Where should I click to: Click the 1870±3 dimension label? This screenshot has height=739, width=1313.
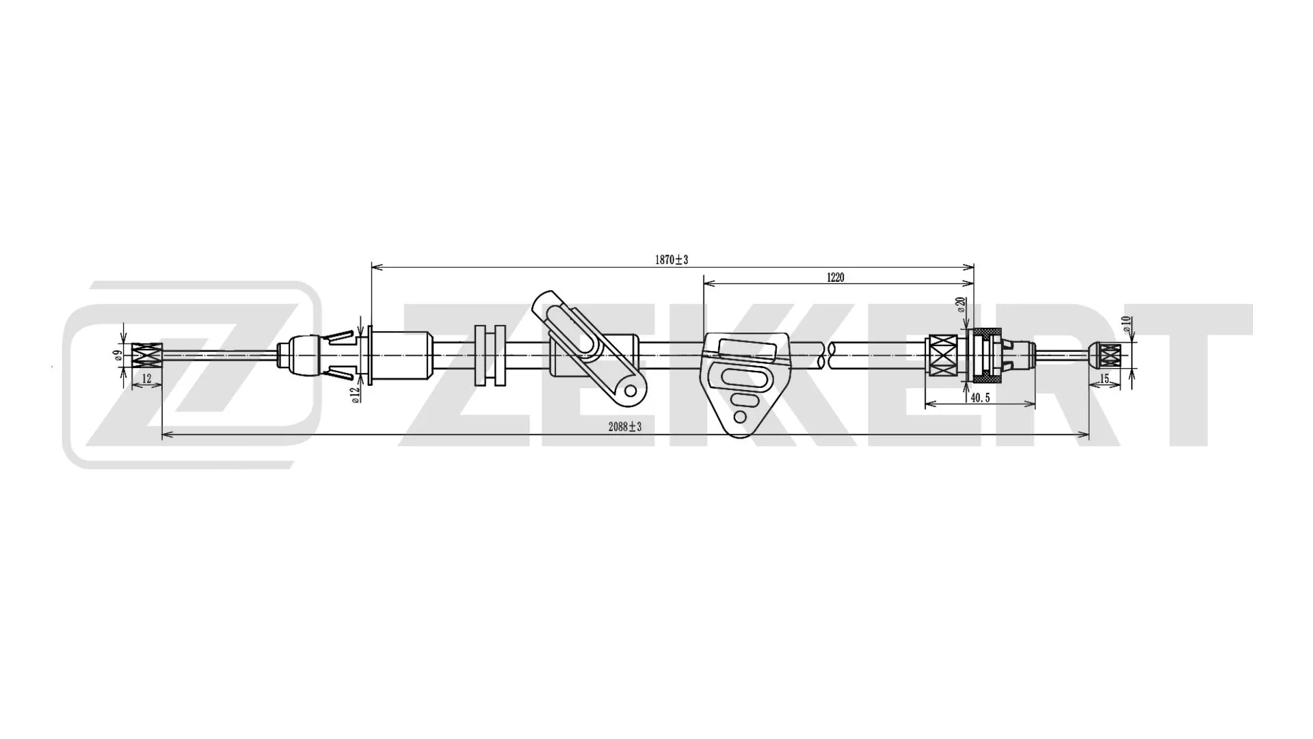[671, 260]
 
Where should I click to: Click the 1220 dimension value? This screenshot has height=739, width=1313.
[835, 278]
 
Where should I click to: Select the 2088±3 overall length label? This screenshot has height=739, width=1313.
[624, 427]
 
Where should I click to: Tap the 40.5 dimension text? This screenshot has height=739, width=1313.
[979, 398]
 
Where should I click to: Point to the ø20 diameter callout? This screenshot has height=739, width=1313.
[961, 305]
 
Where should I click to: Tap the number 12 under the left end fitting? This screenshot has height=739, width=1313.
[146, 378]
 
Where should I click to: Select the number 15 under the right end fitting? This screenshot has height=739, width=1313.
[1104, 379]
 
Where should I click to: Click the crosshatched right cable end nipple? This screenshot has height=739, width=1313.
[1109, 355]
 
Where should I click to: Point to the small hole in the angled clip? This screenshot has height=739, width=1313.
[631, 391]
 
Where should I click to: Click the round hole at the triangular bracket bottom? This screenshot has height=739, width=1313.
[739, 417]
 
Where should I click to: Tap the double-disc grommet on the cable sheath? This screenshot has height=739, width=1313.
[489, 355]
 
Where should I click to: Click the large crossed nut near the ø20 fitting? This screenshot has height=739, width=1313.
[944, 355]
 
